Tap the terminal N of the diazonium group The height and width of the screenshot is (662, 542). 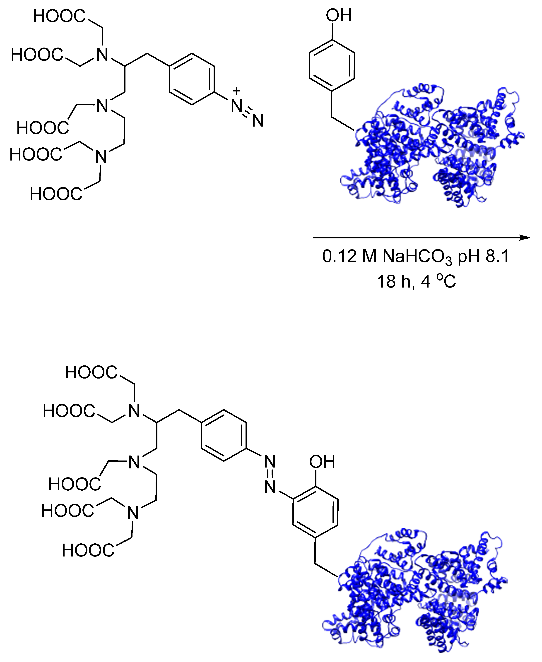[x=258, y=121]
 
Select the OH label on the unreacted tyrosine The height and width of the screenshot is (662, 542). [x=339, y=15]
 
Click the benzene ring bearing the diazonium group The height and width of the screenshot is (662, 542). [x=192, y=79]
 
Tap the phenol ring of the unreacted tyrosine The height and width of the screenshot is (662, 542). [x=332, y=66]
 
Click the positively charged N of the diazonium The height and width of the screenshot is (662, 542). [x=237, y=106]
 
